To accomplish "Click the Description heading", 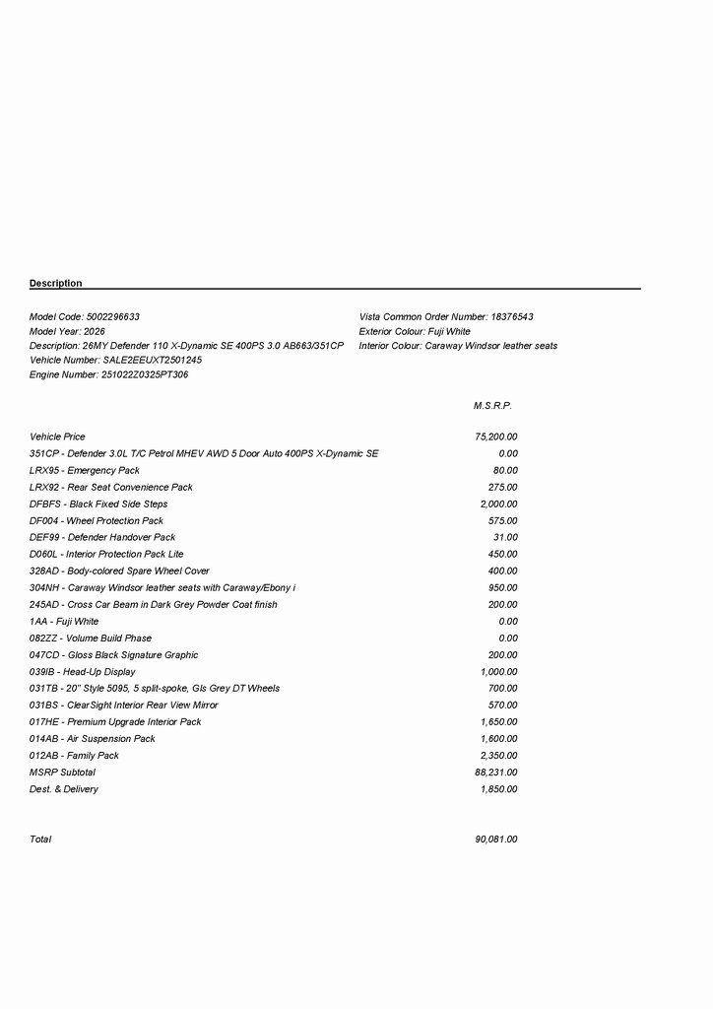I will (56, 284).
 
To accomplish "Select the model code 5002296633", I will (113, 317).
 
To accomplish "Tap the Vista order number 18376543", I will (512, 317).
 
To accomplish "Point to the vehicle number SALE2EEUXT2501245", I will (153, 361).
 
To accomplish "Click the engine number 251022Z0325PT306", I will (145, 375).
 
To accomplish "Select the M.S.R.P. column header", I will (492, 406).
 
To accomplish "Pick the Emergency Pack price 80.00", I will (505, 470).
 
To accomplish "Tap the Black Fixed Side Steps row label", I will (98, 504).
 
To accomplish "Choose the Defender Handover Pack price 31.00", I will (505, 537).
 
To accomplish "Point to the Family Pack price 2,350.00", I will (498, 756).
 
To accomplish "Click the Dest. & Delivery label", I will (64, 789).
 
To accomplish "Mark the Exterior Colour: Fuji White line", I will (415, 332).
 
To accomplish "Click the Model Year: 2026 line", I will (67, 332).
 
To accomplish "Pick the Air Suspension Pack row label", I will (93, 739).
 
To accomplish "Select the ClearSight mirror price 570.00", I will (502, 706).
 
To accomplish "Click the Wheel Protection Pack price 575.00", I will (502, 520).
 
